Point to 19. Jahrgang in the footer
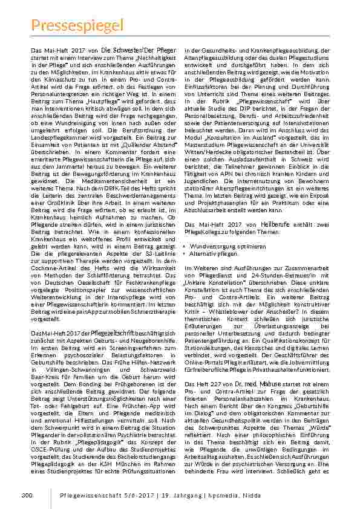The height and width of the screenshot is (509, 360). click(x=181, y=496)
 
